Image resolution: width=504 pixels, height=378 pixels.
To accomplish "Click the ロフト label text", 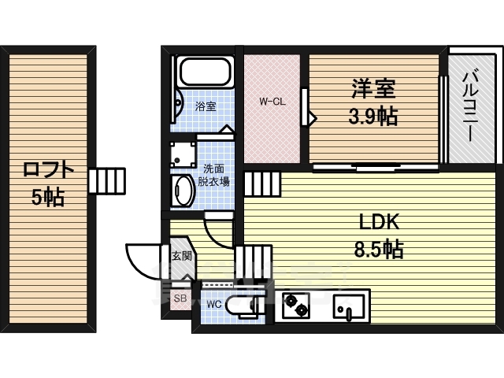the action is (x=48, y=170).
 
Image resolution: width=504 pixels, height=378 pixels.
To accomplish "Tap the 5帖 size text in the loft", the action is (x=48, y=197).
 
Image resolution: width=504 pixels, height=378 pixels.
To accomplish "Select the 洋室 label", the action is (x=372, y=89).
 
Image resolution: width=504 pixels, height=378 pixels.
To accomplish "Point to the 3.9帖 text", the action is (x=372, y=116).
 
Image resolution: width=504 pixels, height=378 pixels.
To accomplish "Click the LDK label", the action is (x=380, y=221).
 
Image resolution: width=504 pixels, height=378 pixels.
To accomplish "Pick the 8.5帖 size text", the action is (x=379, y=249).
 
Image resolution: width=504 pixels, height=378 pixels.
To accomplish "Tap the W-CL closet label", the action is (x=272, y=102).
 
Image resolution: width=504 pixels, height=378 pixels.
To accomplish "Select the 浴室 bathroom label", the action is (x=206, y=106).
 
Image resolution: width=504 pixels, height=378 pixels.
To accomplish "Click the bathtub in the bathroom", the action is (x=206, y=72).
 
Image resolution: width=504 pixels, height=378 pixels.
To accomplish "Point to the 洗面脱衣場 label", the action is (x=213, y=176).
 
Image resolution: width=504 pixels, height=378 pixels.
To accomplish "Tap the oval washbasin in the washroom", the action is (x=183, y=191).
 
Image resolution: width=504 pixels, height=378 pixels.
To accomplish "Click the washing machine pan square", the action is (x=183, y=154).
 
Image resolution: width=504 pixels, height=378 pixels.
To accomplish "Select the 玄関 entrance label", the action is (x=182, y=256).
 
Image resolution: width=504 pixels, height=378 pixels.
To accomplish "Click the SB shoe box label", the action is (x=180, y=298).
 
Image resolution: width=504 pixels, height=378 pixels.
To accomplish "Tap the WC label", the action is (x=213, y=304).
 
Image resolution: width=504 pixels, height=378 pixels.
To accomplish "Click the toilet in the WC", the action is (x=242, y=306).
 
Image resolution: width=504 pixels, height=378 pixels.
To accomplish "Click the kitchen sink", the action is (x=348, y=307).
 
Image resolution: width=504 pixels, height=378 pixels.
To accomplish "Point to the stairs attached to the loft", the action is (x=107, y=180).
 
